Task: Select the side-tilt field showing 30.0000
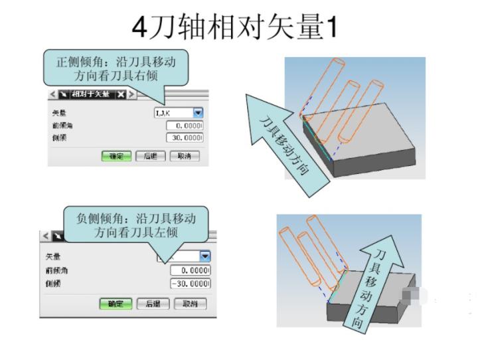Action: (185, 137)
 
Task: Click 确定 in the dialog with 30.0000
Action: (116, 156)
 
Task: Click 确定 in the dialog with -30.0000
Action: (116, 304)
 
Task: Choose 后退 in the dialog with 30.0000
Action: (150, 156)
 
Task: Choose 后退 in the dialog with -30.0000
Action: (153, 304)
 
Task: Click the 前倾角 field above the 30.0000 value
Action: (185, 126)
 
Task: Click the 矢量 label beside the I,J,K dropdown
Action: (59, 114)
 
